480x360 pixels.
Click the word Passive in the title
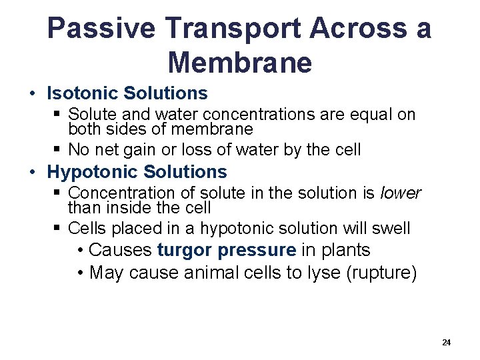[x=101, y=29]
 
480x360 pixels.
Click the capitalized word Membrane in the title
[x=240, y=63]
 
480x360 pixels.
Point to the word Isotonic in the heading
[x=83, y=93]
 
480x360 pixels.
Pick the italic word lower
[x=400, y=193]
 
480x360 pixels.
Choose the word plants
[x=345, y=250]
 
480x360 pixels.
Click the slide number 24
[x=446, y=342]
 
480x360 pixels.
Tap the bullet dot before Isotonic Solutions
[x=33, y=93]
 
